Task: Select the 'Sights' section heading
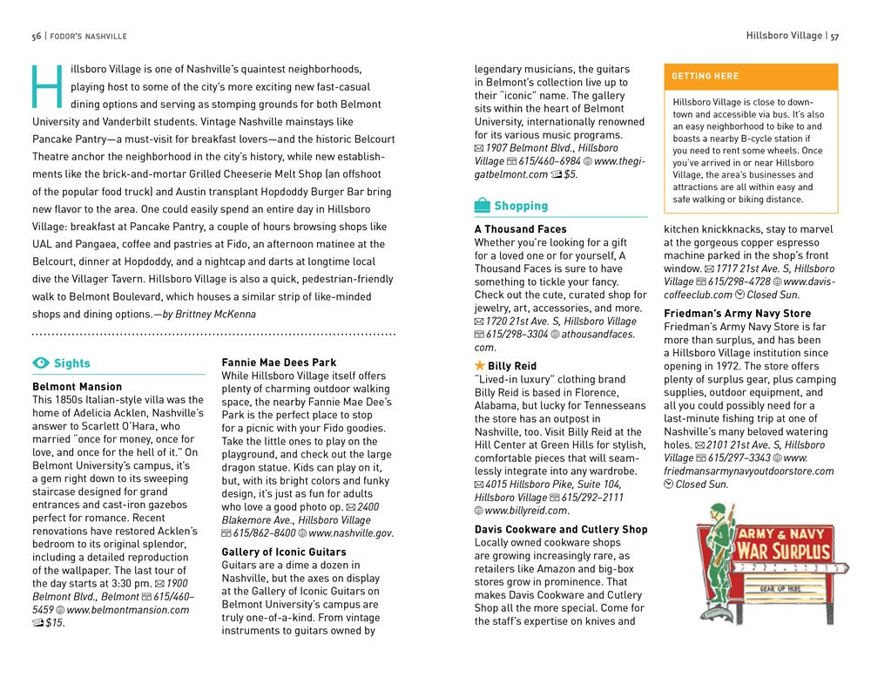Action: pos(71,363)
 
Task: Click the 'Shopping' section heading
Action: pos(521,207)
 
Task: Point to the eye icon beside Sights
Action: pos(41,363)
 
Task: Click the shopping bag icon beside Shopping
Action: pos(483,207)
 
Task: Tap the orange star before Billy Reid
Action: pos(480,366)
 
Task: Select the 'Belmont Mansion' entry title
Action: pos(78,386)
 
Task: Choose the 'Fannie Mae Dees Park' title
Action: pos(279,363)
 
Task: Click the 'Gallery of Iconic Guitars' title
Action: pos(284,552)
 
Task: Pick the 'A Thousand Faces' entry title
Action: pos(521,229)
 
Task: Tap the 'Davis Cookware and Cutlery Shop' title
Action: pos(561,529)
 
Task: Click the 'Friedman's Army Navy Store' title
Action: pos(737,313)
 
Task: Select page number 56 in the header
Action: pos(37,36)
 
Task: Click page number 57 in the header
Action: pos(834,36)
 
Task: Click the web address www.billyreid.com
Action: pos(526,510)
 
